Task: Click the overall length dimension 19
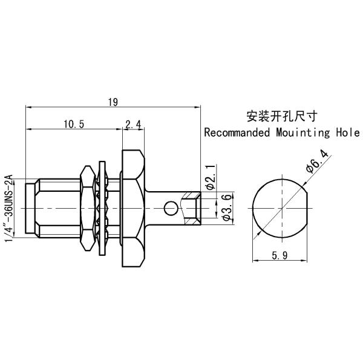113,102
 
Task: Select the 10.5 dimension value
74,124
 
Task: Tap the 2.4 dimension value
133,125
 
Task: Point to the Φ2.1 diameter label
211,177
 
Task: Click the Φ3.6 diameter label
226,208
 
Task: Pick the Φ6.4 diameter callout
317,162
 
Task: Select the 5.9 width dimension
280,255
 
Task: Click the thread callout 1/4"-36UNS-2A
9,208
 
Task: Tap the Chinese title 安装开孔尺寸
281,116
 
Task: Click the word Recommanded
237,132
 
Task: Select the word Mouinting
303,133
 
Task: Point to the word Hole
348,132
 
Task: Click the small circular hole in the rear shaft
171,208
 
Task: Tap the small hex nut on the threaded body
88,208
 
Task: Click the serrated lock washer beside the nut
102,208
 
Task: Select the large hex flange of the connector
133,208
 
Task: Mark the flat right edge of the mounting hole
307,208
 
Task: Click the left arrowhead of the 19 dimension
28,107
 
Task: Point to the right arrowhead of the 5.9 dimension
305,261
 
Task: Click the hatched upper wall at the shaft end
191,195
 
